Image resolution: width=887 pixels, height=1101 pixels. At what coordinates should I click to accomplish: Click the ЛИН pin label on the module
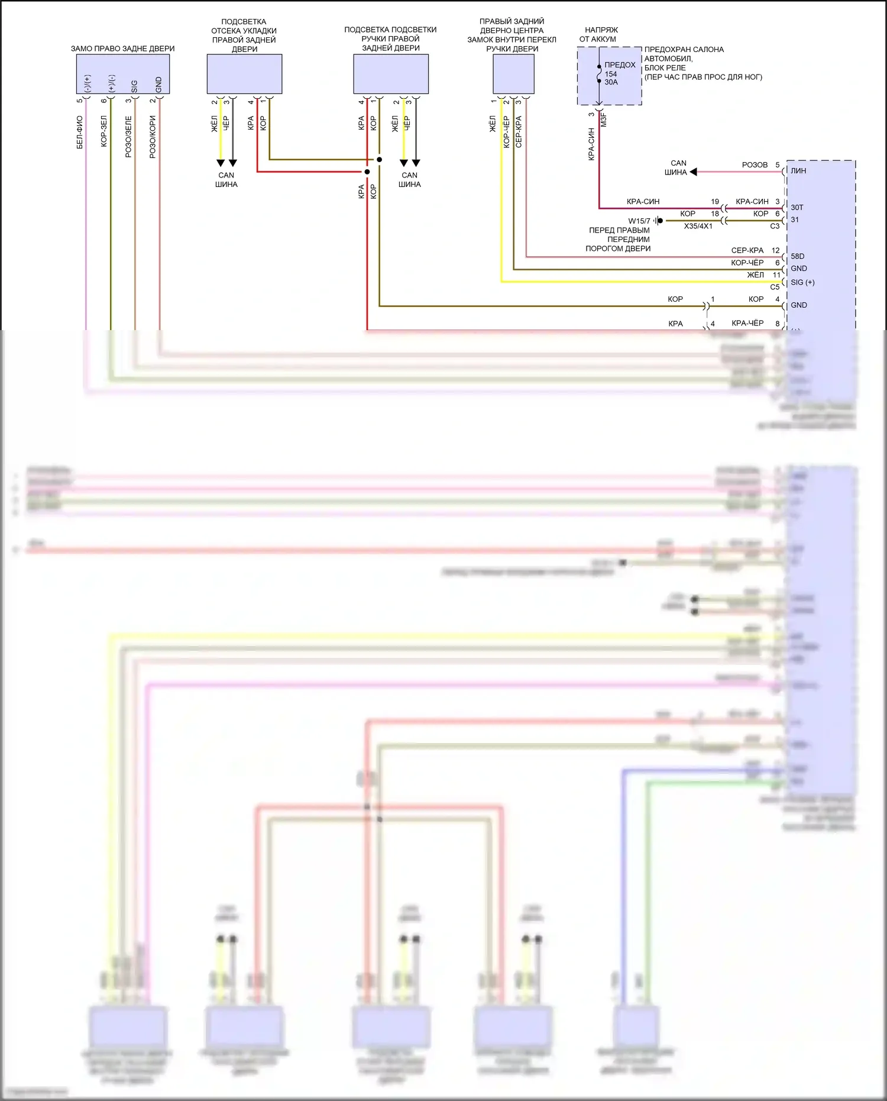pos(798,171)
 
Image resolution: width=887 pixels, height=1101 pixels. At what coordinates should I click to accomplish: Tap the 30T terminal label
pos(797,208)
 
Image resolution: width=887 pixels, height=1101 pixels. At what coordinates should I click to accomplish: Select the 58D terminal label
pos(798,256)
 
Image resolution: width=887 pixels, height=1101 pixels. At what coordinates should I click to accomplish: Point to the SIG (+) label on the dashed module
pos(802,282)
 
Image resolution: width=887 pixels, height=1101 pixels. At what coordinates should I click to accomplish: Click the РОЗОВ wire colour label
pos(755,165)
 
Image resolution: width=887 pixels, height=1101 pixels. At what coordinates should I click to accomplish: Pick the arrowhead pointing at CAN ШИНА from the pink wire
pos(694,172)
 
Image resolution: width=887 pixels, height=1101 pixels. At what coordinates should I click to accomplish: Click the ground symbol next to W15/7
pos(658,221)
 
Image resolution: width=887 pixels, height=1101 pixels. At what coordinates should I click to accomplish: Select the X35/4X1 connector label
pos(698,226)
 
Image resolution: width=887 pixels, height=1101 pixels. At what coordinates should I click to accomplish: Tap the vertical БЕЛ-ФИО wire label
pos(80,132)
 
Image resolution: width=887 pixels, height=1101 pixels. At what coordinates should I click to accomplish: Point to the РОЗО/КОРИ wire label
pos(153,137)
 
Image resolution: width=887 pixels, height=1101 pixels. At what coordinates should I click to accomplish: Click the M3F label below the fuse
pos(604,120)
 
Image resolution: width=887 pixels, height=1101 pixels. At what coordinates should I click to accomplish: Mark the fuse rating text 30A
pos(611,82)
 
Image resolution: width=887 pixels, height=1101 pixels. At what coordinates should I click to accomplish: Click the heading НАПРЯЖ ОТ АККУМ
pos(599,34)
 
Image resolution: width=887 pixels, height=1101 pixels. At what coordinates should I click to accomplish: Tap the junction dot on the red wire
pos(367,172)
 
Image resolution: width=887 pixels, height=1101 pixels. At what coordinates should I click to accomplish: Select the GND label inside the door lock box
pos(158,85)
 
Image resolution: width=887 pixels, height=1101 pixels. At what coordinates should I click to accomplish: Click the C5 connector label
pos(775,287)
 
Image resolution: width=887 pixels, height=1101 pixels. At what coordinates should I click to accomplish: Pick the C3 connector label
pos(775,226)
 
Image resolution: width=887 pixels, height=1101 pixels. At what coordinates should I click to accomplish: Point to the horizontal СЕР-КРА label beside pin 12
pos(747,250)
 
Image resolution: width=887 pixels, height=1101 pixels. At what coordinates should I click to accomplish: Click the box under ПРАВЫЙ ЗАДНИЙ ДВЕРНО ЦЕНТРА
pos(513,74)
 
